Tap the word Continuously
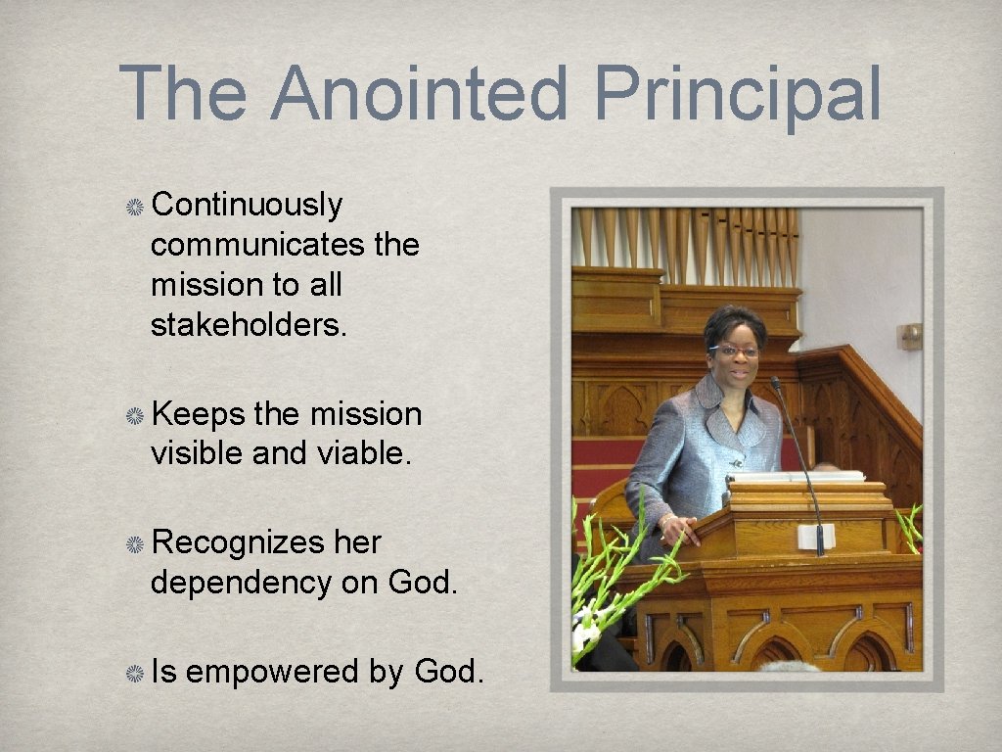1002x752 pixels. [247, 205]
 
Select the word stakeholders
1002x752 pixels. [249, 325]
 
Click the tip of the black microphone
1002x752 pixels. [775, 382]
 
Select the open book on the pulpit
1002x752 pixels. [795, 476]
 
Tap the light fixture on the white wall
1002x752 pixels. [910, 336]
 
